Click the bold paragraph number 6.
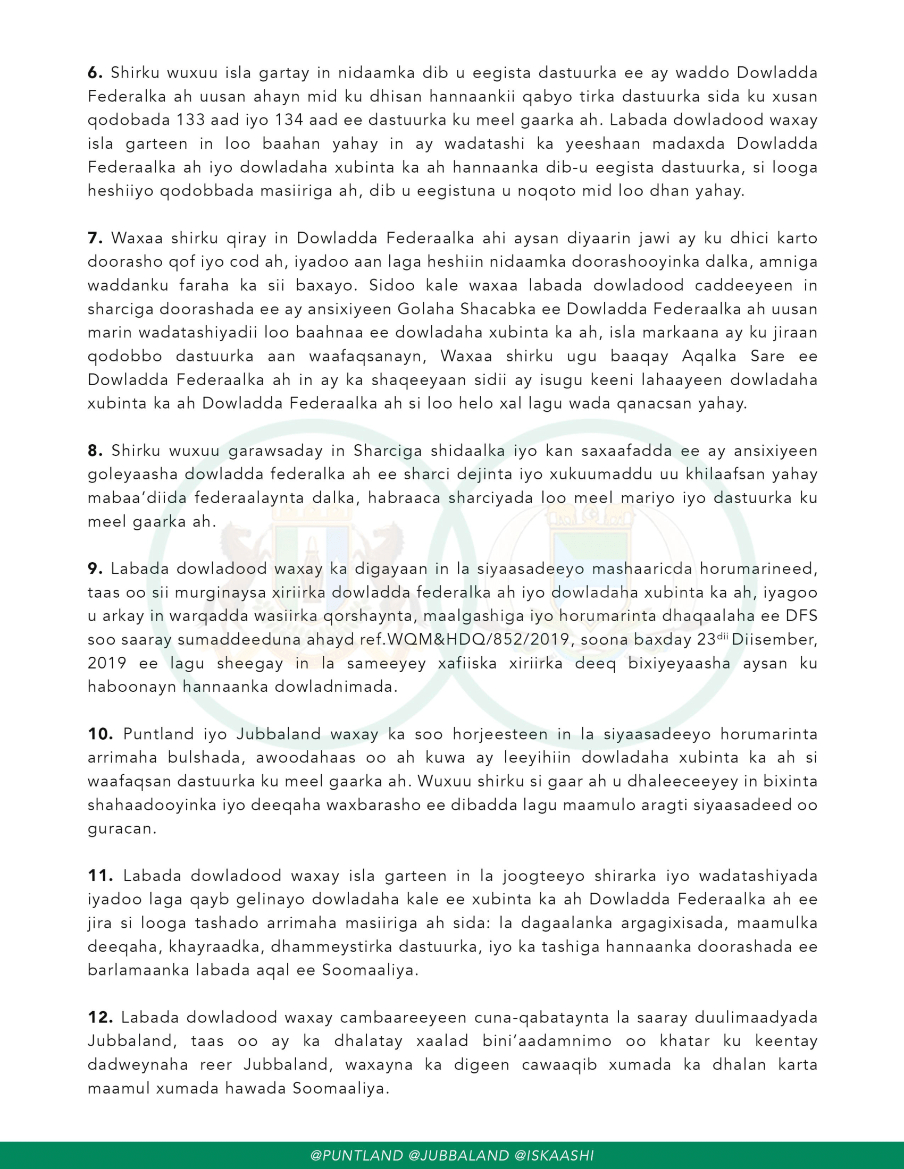tap(95, 73)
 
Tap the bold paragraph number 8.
tap(95, 451)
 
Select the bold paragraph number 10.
tap(100, 734)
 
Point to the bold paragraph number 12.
tap(100, 1017)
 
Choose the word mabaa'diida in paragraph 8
tap(137, 498)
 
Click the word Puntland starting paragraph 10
tap(158, 734)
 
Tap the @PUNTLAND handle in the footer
tap(357, 1155)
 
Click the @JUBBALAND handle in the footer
tap(458, 1155)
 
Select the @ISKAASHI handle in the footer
tap(554, 1155)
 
